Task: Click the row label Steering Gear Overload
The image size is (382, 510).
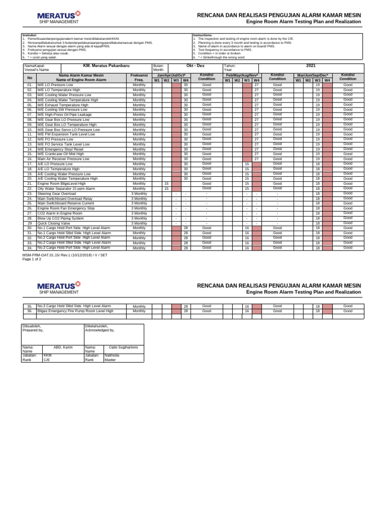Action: click(x=57, y=193)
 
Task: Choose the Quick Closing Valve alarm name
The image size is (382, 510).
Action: click(x=54, y=223)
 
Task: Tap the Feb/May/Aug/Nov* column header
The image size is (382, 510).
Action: click(x=242, y=75)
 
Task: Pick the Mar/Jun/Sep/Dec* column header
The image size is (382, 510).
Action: click(x=312, y=75)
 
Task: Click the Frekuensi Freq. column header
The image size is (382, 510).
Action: click(x=139, y=77)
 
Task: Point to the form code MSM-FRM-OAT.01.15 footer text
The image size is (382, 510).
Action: click(x=65, y=255)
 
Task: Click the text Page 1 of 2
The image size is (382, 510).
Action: click(x=35, y=259)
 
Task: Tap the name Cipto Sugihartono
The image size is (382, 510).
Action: click(x=123, y=347)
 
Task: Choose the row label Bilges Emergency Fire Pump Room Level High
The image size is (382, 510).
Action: click(x=75, y=311)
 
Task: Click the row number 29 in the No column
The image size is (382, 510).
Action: click(x=29, y=223)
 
